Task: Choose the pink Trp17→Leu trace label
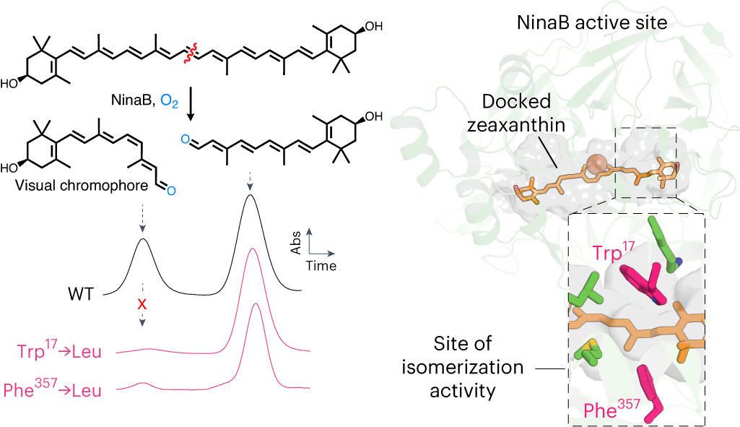pos(58,353)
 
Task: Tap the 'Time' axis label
pos(321,266)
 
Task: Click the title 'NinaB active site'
pos(591,24)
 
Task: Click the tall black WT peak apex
pos(250,195)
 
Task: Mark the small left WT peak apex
pos(143,239)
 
